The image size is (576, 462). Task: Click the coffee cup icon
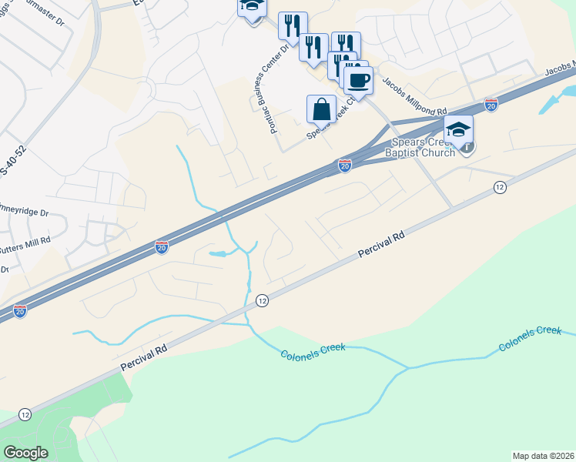357,79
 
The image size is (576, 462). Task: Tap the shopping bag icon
322,109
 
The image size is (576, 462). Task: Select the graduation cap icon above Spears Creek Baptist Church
458,129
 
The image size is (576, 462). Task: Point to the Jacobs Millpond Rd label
414,96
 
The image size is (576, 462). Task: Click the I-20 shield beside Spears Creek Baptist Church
345,166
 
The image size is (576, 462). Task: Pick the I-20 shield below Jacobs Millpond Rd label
491,104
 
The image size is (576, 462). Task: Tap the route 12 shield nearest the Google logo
25,414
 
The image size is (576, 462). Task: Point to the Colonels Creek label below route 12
313,350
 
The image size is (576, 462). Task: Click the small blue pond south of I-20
218,253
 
